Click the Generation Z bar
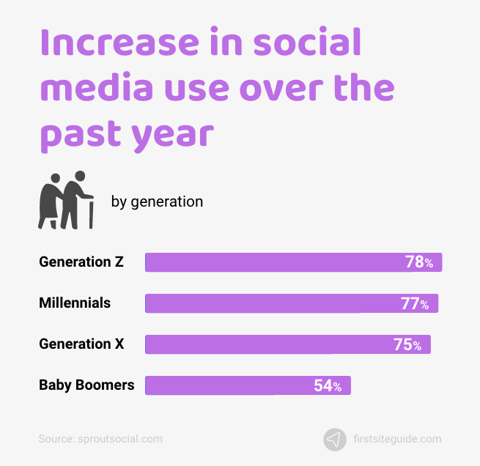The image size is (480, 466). [x=293, y=262]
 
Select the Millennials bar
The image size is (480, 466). [x=292, y=303]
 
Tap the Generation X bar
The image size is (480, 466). [x=288, y=344]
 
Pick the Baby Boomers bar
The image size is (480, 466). [x=248, y=385]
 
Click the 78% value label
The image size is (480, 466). [x=419, y=262]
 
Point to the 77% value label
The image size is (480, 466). [x=415, y=303]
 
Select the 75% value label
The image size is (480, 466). [x=407, y=344]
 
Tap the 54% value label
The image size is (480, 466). [x=328, y=385]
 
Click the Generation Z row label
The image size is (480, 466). [x=81, y=262]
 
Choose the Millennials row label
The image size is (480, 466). [x=75, y=303]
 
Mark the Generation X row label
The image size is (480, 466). [x=81, y=344]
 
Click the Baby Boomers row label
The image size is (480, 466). [x=86, y=385]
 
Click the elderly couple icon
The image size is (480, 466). [x=65, y=200]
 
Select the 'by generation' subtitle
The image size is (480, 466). [x=157, y=201]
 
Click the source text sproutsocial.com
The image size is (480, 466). [x=100, y=439]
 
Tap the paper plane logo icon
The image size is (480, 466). [x=335, y=439]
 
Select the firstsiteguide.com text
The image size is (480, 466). [x=397, y=439]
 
